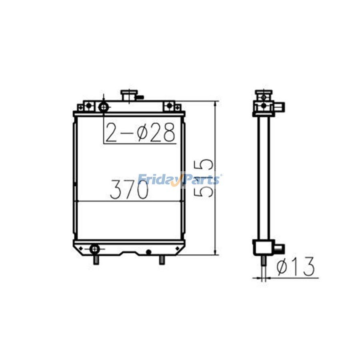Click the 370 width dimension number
pos(129,190)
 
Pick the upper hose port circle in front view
pos(104,107)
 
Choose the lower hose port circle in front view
pos(94,249)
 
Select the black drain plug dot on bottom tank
pos(148,252)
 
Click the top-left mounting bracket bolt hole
pos(88,106)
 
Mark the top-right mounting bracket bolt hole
pos(169,106)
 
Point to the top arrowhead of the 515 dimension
pos(216,103)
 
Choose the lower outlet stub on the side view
pos(279,248)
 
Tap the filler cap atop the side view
pos(263,93)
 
